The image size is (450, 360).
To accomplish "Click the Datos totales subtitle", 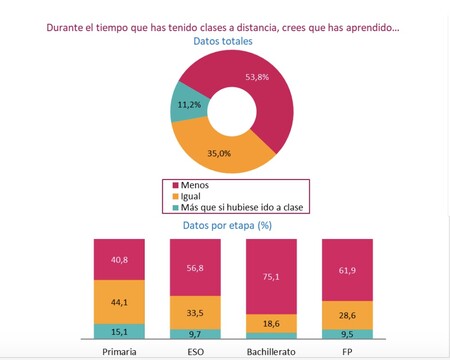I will coord(222,43).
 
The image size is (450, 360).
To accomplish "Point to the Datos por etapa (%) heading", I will coord(225,225).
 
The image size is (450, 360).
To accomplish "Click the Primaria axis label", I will coord(119,352).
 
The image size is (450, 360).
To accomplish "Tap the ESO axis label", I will coord(194,352).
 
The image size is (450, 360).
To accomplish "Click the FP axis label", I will coord(346,352).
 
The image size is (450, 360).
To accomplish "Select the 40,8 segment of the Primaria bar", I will coord(118,260).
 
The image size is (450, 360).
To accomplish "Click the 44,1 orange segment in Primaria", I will coord(118,302).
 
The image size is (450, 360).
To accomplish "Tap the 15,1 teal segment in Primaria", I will coord(118,331).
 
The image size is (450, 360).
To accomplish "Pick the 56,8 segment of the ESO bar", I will coord(194,267).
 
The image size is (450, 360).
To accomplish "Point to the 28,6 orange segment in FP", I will coord(346,316).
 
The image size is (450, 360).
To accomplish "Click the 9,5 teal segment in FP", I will coord(346,335).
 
